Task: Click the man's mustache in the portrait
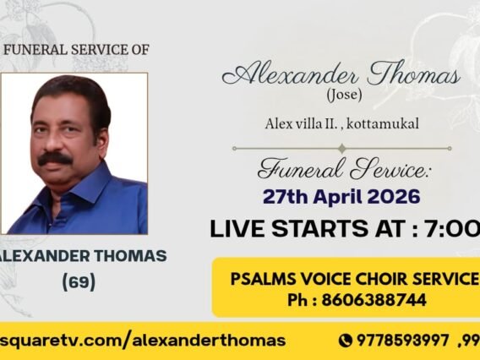(x=55, y=158)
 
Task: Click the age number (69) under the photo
(x=79, y=281)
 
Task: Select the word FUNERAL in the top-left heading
(x=33, y=50)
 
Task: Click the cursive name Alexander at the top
(x=281, y=75)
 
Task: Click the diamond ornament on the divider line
(x=341, y=148)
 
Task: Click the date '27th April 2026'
(x=341, y=197)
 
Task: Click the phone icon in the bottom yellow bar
(x=345, y=341)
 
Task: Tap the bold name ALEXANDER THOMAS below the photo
(x=83, y=255)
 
